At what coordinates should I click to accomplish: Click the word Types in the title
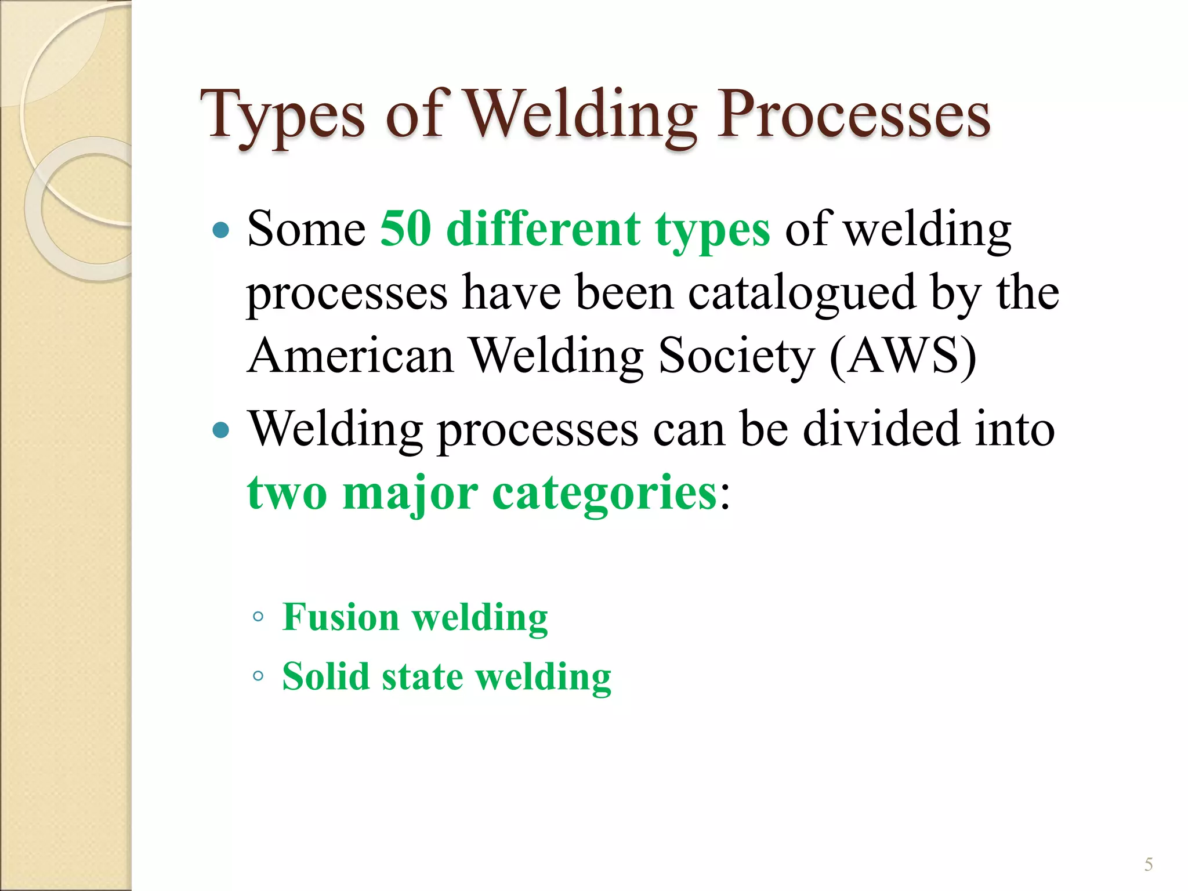pos(283,116)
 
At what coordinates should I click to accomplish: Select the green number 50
pos(405,229)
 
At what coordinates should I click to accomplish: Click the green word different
pos(544,229)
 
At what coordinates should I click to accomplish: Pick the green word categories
pos(605,493)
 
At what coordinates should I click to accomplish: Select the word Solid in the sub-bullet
pos(325,676)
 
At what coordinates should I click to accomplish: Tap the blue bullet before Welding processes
pos(221,430)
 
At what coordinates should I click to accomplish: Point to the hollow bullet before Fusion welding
pos(259,617)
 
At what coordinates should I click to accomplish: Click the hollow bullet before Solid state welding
pos(259,676)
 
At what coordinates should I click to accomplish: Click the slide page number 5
pos(1148,865)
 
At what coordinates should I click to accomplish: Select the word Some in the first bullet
pos(306,229)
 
